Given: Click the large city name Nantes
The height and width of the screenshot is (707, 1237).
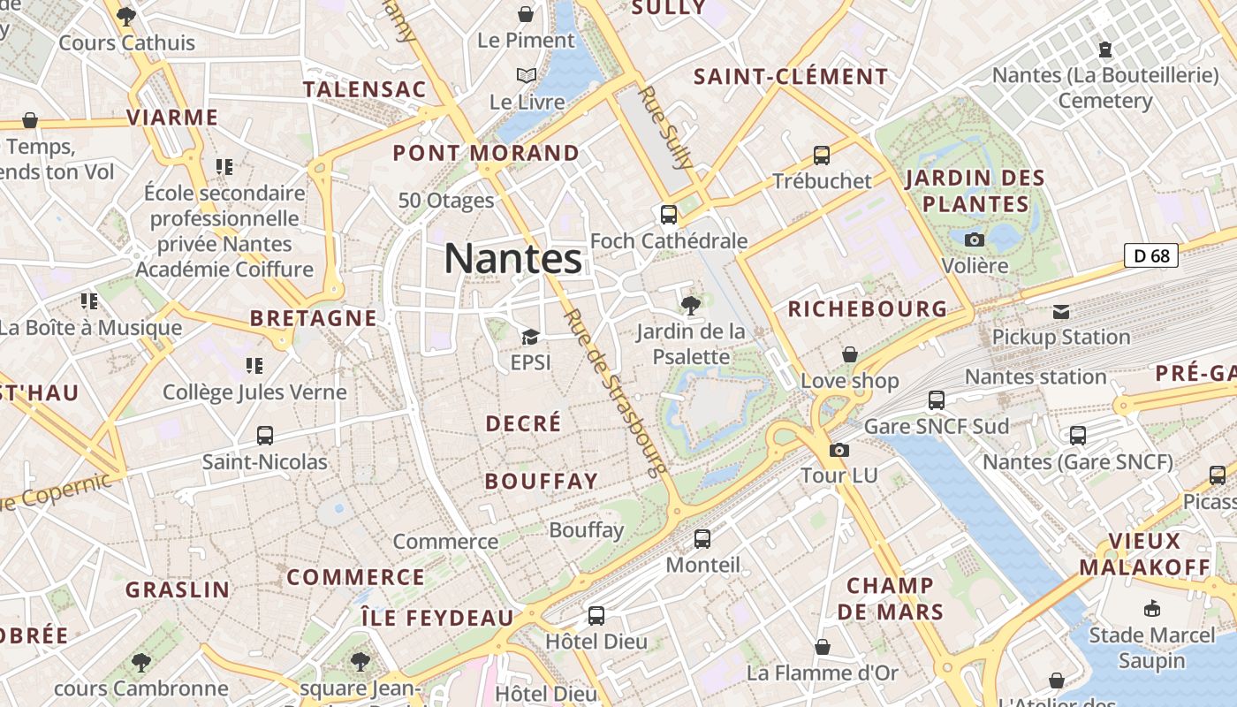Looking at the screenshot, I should [512, 259].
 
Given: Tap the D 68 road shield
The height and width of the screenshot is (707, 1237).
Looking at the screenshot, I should [1151, 256].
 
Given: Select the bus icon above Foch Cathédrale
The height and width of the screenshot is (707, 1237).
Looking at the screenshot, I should [669, 215].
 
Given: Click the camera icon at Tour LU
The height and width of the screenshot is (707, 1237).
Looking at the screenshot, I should [839, 450].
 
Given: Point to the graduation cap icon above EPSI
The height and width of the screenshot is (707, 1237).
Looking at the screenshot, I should [530, 337].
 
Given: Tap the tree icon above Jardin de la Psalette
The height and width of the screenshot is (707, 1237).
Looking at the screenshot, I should [691, 306].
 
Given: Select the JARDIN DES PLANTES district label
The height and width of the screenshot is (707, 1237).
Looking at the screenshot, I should [975, 191].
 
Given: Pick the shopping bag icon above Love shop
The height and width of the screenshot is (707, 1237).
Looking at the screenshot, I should [849, 354].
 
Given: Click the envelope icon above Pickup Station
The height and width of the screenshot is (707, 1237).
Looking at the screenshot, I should [1061, 311].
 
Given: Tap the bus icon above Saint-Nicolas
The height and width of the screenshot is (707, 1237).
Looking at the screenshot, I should [264, 435].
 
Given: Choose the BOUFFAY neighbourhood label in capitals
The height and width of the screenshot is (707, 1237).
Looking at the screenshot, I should [542, 482].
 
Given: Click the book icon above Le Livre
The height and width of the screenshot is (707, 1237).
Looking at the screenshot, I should [527, 76].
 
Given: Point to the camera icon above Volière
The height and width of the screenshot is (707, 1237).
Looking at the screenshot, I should [975, 239].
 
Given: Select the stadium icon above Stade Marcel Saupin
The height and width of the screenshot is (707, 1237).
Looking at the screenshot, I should [1151, 608].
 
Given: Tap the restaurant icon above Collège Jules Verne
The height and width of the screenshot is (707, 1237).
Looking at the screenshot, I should [254, 365].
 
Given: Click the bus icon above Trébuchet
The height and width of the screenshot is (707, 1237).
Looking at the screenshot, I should [822, 156].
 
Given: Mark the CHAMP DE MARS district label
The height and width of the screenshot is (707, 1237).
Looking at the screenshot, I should [890, 598].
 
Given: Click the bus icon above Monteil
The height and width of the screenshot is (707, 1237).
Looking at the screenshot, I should [702, 538].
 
